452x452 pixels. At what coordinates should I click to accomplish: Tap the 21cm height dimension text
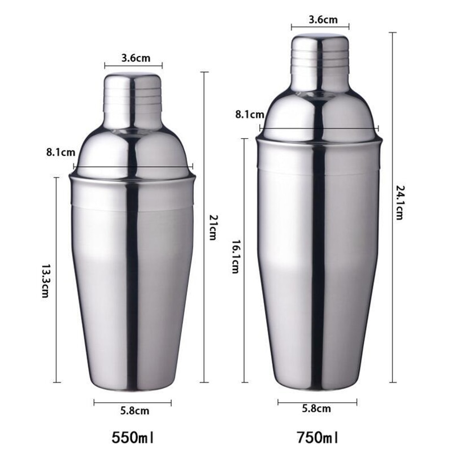(x=212, y=228)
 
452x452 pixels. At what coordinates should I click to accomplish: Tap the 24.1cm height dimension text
(x=399, y=202)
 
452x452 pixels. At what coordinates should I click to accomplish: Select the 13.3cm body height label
(x=46, y=280)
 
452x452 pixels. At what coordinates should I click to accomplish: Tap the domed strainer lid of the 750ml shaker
(x=320, y=113)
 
